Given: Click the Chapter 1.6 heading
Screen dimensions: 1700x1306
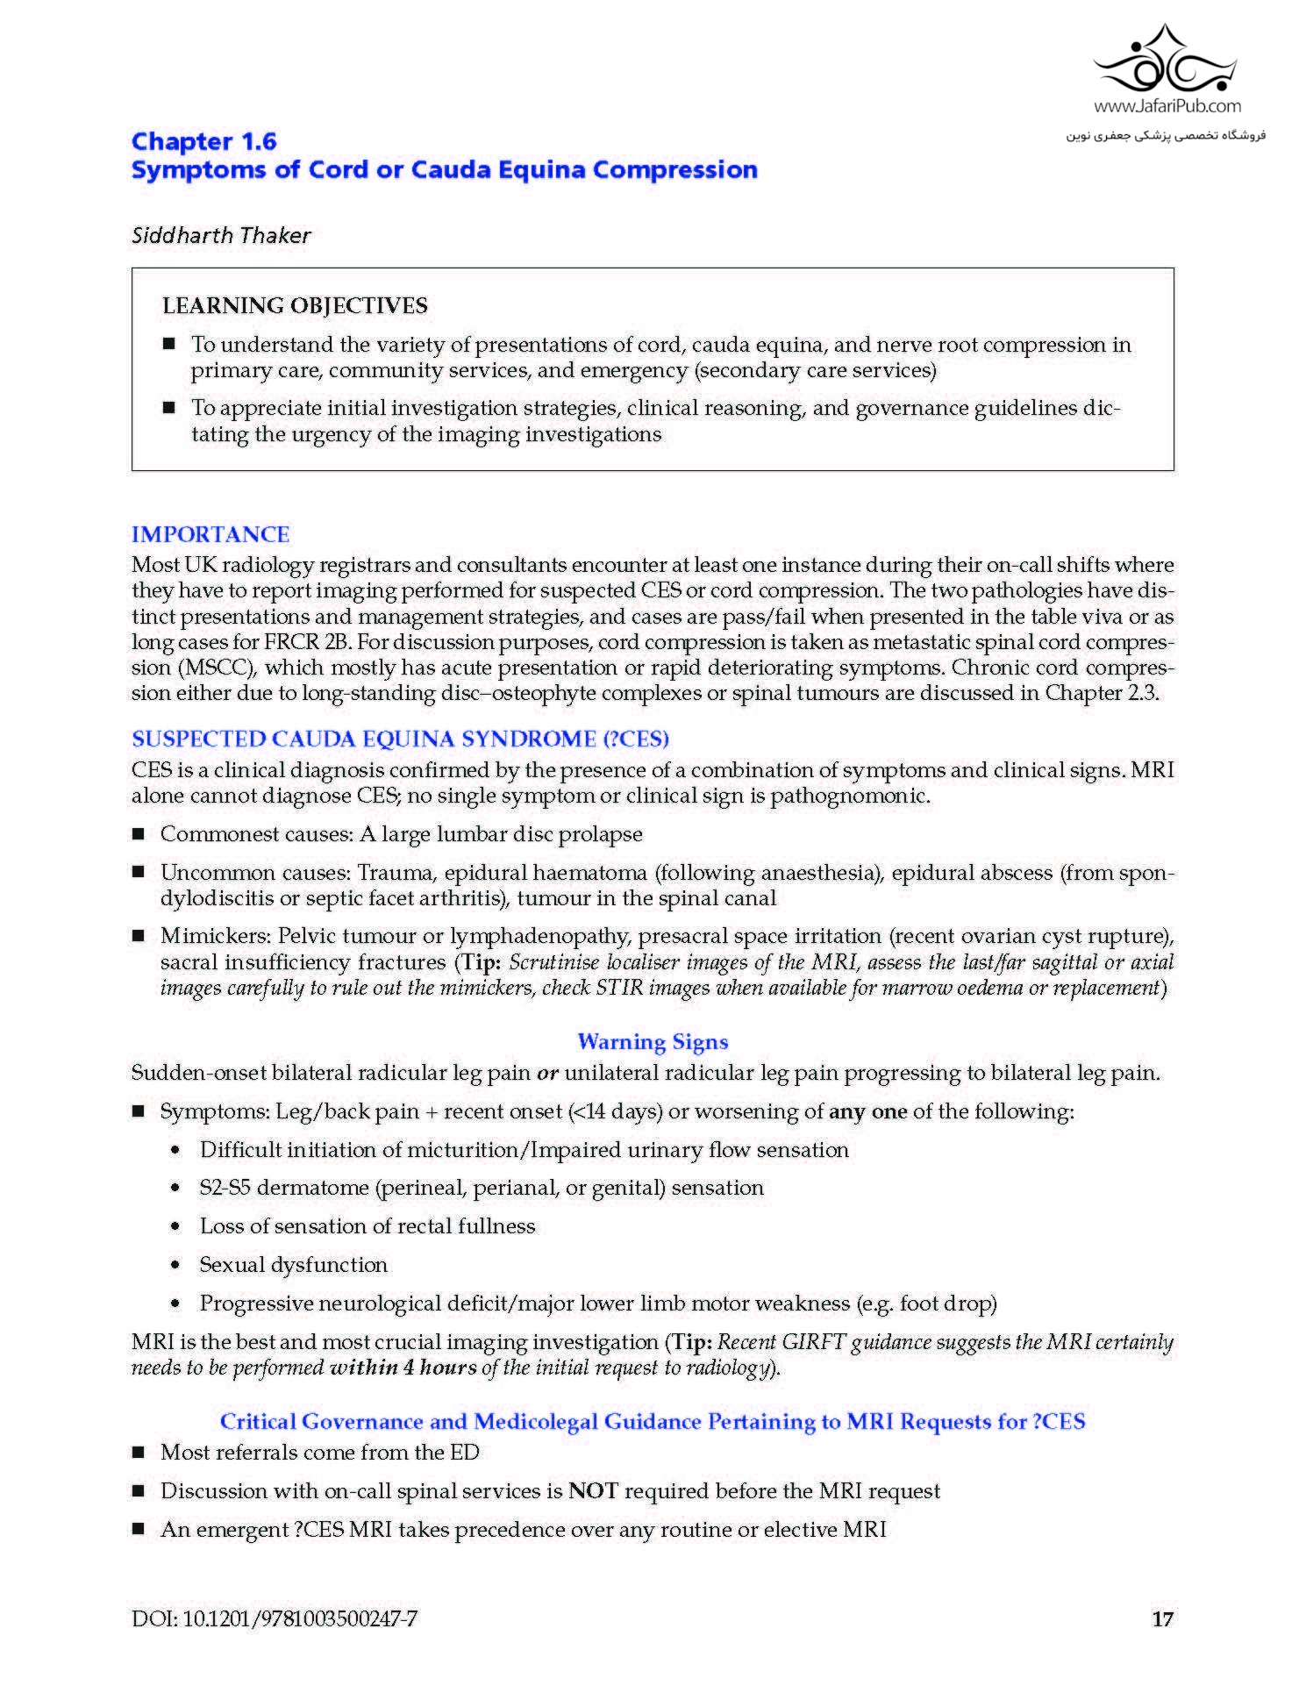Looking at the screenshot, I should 203,141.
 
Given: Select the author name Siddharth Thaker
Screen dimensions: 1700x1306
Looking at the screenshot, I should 221,235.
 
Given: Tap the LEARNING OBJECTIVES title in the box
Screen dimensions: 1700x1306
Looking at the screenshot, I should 295,305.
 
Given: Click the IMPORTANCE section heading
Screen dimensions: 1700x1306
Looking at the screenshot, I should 211,534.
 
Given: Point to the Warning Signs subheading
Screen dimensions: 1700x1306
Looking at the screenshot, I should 653,1041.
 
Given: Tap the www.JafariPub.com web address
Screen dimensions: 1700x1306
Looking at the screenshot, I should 1167,106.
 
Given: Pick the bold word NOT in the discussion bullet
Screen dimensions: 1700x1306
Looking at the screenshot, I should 594,1490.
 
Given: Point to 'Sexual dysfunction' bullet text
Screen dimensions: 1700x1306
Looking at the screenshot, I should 293,1264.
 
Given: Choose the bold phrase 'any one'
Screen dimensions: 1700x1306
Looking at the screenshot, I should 867,1111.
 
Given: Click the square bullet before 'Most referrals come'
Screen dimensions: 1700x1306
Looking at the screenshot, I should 138,1453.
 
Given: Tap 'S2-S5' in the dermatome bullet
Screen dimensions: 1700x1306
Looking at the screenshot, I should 225,1188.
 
